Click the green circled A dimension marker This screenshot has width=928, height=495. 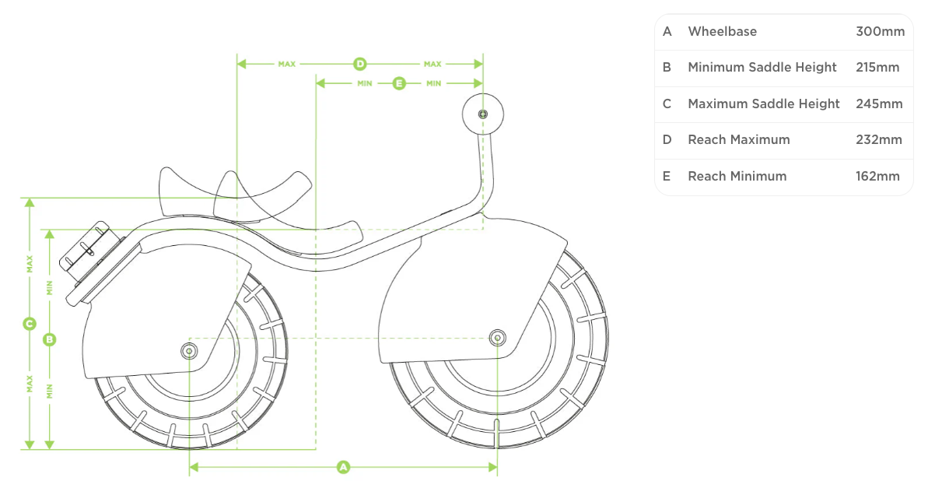[x=343, y=467]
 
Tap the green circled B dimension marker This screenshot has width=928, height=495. [x=49, y=339]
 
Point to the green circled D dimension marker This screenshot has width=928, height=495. [x=359, y=64]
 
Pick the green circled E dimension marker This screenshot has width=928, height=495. [x=399, y=82]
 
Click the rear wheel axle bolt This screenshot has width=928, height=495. [x=189, y=350]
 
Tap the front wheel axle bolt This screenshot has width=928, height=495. [x=496, y=337]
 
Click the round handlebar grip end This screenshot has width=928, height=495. [x=482, y=114]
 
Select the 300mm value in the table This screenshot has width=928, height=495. [x=880, y=32]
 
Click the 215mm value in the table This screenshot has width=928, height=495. [x=877, y=68]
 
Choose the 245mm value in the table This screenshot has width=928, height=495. [x=879, y=104]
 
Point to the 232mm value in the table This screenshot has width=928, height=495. [x=879, y=140]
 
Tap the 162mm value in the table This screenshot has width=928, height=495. [x=877, y=177]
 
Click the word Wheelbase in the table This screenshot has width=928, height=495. [x=722, y=32]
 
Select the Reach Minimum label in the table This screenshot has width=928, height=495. [x=737, y=177]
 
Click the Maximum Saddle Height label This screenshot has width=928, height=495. [x=763, y=104]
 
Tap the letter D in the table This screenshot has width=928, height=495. [x=667, y=140]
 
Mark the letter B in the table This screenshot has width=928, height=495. [x=667, y=68]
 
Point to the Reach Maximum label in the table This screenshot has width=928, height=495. [x=738, y=140]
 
